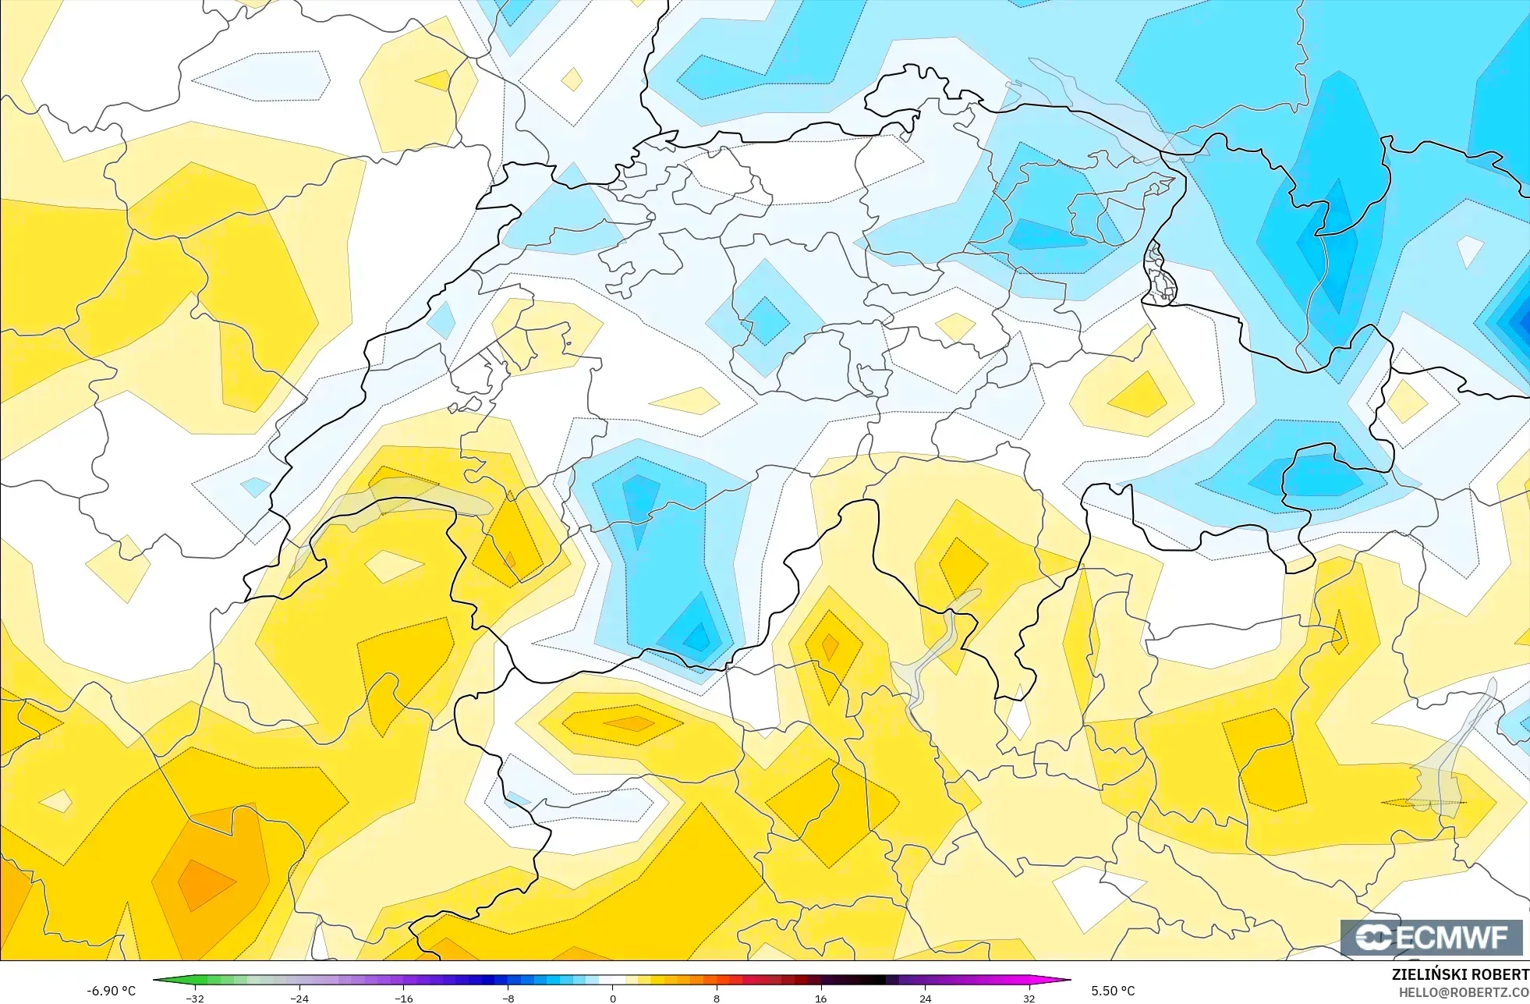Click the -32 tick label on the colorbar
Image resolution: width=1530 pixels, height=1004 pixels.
195,998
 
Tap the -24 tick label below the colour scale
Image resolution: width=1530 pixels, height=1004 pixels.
299,998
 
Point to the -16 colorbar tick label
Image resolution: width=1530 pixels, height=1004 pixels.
404,998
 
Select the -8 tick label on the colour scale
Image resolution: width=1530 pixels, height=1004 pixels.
508,998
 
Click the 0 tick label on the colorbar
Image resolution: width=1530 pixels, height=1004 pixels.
613,998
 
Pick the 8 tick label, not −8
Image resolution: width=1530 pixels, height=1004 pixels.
717,998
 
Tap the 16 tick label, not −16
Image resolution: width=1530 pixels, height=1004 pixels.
820,998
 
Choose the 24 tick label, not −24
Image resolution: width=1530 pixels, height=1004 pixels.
925,998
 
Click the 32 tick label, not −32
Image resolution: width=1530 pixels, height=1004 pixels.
1029,998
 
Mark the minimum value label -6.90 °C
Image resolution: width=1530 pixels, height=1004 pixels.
111,991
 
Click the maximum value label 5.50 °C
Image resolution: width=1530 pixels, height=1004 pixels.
1113,991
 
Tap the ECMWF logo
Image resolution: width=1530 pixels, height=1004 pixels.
1432,938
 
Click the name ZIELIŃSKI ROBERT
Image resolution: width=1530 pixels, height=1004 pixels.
1460,974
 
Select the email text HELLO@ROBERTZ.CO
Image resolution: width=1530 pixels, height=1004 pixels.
1464,992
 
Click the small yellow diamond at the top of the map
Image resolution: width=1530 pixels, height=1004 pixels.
572,80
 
